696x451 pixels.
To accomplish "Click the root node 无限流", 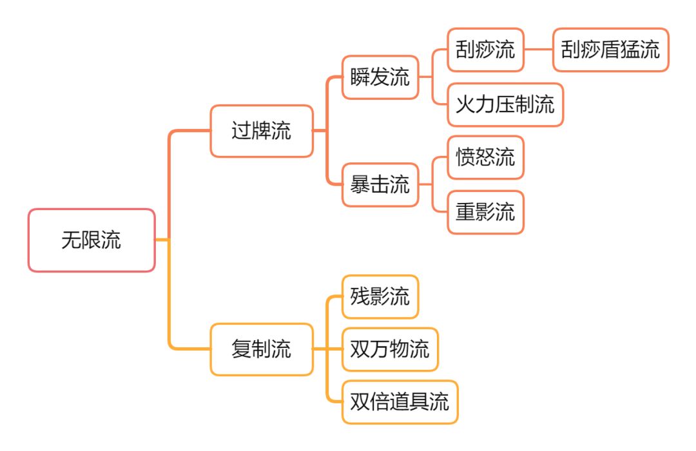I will (92, 240).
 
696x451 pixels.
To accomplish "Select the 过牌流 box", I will (262, 131).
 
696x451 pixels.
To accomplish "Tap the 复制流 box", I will (262, 349).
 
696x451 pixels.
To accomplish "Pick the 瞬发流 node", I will (380, 78).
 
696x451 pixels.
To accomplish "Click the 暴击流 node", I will (380, 185).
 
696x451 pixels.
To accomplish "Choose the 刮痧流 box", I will (485, 50).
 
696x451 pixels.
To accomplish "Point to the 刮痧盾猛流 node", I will (611, 50).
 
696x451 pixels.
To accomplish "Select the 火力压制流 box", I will (505, 104).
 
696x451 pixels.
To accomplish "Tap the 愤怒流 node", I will (485, 157).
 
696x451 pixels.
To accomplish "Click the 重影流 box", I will (485, 212).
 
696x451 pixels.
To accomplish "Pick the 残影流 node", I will (380, 296).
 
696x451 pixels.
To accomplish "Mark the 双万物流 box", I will (390, 349).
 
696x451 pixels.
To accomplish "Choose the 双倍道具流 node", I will (400, 402).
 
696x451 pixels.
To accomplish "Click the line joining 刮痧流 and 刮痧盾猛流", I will (539, 50).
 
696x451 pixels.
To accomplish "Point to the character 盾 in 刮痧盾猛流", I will (611, 50).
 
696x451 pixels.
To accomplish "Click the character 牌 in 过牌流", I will (262, 131).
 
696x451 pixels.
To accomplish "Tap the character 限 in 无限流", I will (92, 240).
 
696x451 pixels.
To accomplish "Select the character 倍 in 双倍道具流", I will (380, 402).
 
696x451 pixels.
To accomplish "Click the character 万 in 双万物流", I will (380, 349).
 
